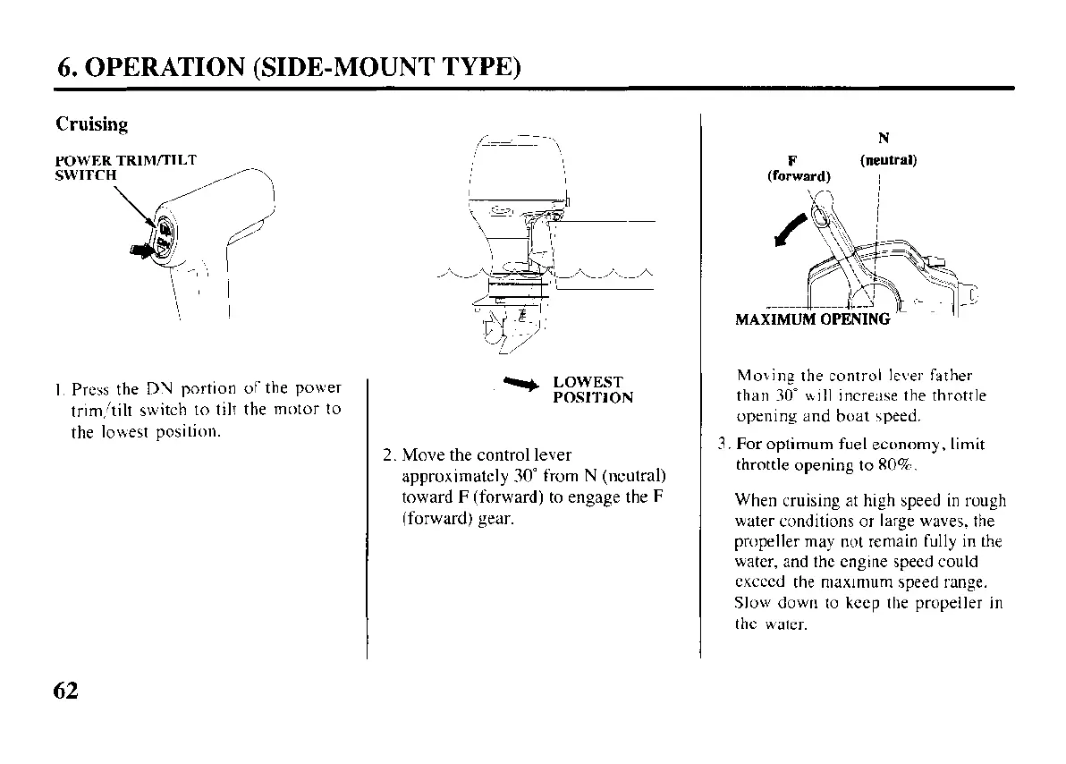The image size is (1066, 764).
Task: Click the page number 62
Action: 66,691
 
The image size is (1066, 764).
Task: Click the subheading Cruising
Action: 91,124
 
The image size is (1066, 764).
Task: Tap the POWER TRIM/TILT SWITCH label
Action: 125,167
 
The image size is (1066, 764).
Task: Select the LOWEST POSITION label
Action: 593,390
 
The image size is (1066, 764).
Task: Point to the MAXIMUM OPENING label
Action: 812,319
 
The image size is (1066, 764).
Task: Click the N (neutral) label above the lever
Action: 886,150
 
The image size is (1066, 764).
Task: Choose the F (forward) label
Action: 799,168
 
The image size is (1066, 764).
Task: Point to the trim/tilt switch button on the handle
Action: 167,237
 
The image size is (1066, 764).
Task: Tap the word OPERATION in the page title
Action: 167,67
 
